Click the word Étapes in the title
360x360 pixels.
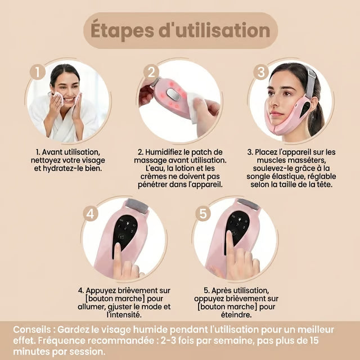122,31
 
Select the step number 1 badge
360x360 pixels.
38,72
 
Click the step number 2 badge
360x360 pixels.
151,72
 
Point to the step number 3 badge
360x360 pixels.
261,72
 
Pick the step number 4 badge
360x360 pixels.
90,214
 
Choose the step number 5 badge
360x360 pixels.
203,213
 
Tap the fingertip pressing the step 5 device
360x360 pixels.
229,235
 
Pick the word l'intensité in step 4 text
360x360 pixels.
124,314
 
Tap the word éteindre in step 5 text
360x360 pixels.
236,315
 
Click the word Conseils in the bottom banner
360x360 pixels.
31,330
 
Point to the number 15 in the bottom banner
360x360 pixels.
314,341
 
